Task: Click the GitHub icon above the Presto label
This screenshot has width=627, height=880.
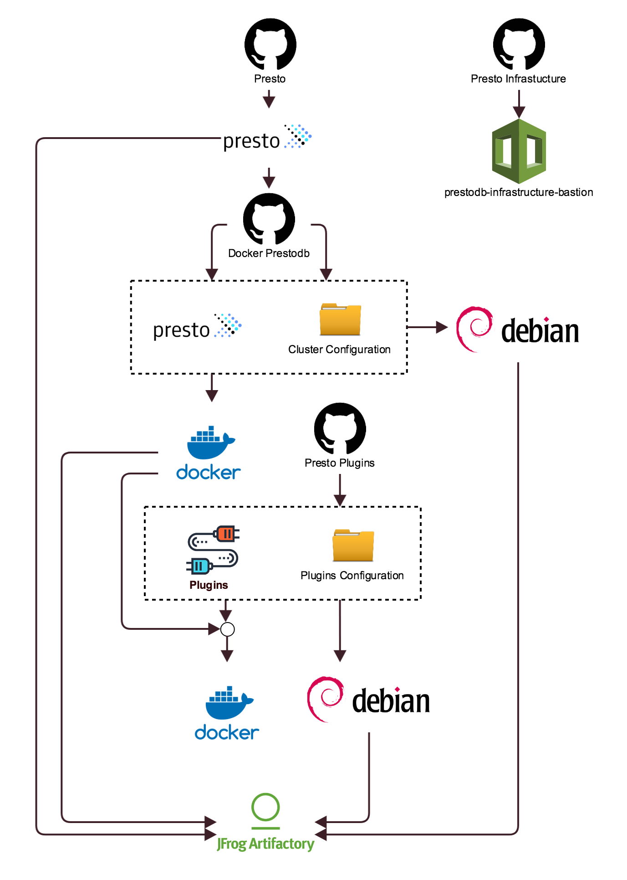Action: click(x=270, y=44)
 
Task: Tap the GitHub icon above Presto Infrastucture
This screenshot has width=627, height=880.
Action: click(x=519, y=44)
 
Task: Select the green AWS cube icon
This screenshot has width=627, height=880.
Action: click(x=519, y=151)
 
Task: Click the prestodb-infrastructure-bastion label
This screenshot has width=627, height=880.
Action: click(x=519, y=192)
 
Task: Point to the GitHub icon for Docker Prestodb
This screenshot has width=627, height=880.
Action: click(x=269, y=219)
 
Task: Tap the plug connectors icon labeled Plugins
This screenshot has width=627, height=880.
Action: click(x=213, y=550)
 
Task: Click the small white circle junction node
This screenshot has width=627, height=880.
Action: click(x=227, y=629)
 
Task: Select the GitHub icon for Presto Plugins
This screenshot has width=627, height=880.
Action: click(x=340, y=428)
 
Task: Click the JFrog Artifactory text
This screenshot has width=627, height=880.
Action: click(x=265, y=844)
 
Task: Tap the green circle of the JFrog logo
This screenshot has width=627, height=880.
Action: click(x=265, y=807)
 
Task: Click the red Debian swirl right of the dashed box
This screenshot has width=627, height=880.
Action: click(x=474, y=329)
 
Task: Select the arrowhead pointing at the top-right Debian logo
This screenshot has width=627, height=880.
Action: click(x=441, y=327)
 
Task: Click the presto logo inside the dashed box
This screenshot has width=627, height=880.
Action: click(x=197, y=327)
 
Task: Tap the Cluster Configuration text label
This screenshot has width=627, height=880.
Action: click(x=339, y=350)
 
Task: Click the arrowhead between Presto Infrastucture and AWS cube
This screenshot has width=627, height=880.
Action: click(x=519, y=112)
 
